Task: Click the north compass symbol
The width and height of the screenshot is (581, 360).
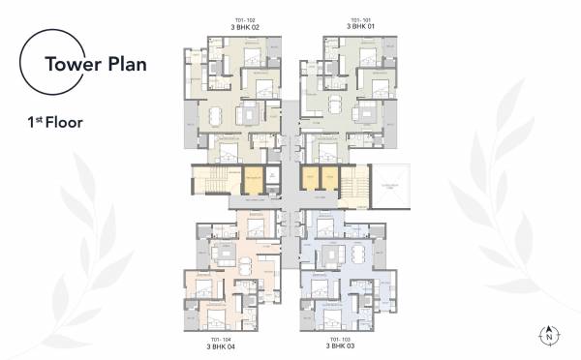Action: click(551, 335)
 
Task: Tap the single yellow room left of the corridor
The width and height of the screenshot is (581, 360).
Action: click(253, 179)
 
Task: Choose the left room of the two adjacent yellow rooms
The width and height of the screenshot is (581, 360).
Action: click(310, 179)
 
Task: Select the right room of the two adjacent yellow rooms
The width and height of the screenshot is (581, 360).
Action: click(329, 179)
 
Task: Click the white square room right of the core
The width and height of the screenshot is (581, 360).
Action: click(391, 185)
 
